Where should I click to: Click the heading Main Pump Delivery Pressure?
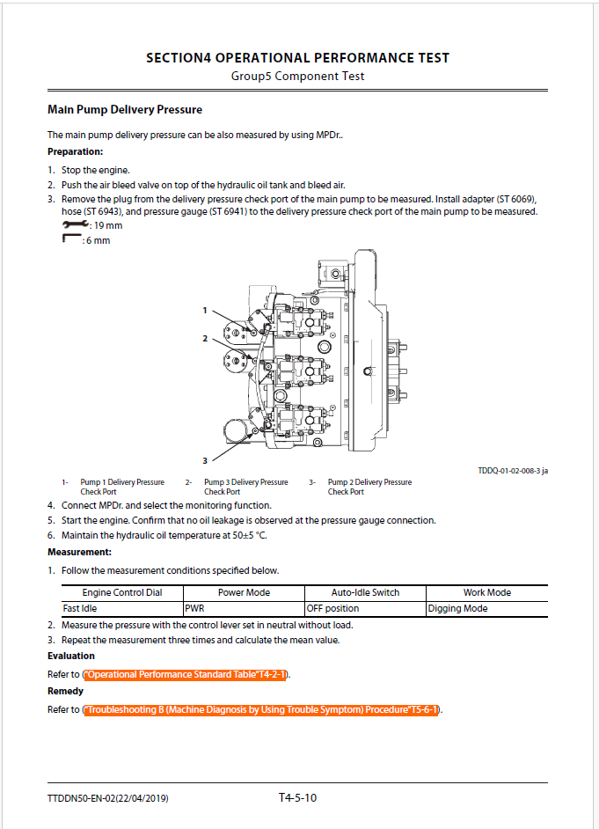point(124,110)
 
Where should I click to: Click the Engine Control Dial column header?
point(122,592)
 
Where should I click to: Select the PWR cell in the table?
point(195,608)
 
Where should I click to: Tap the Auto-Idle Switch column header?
point(365,592)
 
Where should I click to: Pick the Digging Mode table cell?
point(457,608)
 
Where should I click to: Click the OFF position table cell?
point(332,608)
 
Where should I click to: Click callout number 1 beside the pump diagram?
point(204,310)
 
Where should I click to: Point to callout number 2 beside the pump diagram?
point(204,338)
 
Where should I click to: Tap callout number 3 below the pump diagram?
point(204,460)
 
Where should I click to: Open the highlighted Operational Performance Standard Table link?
point(186,674)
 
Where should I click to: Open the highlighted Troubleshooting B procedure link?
point(261,709)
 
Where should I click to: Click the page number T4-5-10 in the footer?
point(297,798)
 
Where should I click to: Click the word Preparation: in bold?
point(76,151)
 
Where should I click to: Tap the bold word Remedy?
point(65,692)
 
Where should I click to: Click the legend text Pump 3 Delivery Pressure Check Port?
point(245,487)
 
